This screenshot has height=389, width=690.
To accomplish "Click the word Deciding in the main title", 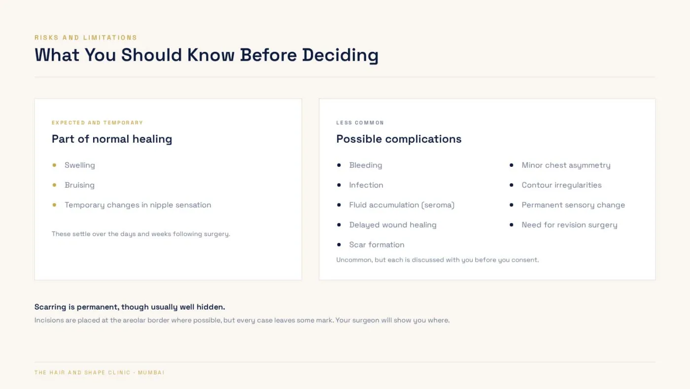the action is pyautogui.click(x=340, y=55).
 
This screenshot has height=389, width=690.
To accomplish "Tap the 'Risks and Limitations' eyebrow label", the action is pyautogui.click(x=86, y=38).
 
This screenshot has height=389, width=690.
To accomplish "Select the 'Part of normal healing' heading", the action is pyautogui.click(x=112, y=139).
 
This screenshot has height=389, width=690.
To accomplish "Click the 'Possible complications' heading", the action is pyautogui.click(x=399, y=139).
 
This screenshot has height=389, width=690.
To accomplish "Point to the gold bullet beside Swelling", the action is pyautogui.click(x=54, y=165).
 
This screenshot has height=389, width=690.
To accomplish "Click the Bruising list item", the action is pyautogui.click(x=79, y=185).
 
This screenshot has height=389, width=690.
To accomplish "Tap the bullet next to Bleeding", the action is pyautogui.click(x=339, y=165).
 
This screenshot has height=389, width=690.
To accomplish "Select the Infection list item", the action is pyautogui.click(x=366, y=185).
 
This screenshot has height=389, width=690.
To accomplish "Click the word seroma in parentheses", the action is pyautogui.click(x=438, y=205).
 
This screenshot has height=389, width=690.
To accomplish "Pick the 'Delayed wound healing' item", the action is pyautogui.click(x=393, y=225).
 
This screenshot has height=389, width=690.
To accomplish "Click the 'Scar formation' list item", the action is pyautogui.click(x=377, y=245).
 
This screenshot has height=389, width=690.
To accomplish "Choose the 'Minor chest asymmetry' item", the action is pyautogui.click(x=566, y=165).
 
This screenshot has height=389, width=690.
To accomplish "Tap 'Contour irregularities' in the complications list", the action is pyautogui.click(x=561, y=185).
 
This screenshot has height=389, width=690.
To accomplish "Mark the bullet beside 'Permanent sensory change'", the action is pyautogui.click(x=512, y=205).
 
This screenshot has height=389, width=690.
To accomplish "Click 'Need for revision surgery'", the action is pyautogui.click(x=570, y=225).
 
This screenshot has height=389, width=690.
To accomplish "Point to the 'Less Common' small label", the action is pyautogui.click(x=360, y=123).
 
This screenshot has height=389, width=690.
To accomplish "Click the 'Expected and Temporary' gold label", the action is pyautogui.click(x=98, y=123).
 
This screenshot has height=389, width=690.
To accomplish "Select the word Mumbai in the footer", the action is pyautogui.click(x=151, y=373).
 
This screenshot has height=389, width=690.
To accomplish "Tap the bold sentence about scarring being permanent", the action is pyautogui.click(x=130, y=307).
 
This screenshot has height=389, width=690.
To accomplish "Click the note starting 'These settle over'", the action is pyautogui.click(x=141, y=234).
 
